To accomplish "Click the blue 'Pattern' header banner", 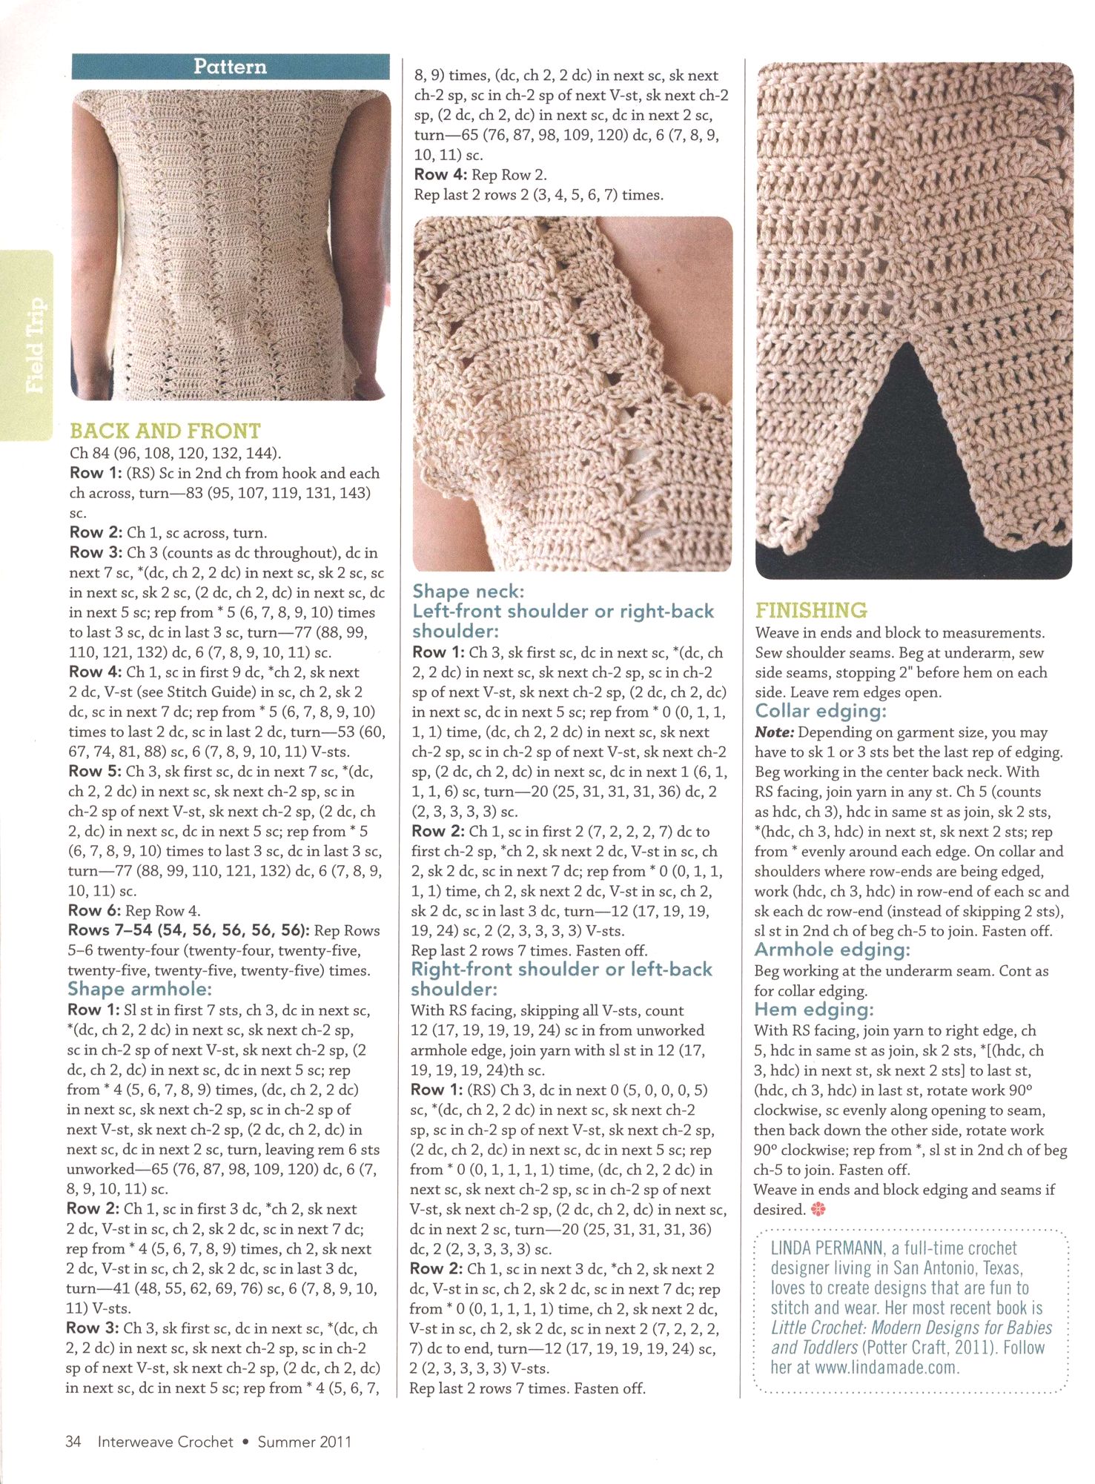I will coord(231,67).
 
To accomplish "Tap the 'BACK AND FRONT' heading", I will coord(165,431).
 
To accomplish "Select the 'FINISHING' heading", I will coord(811,611).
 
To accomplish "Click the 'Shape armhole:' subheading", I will coord(139,990).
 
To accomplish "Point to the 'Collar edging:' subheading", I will coord(821,712).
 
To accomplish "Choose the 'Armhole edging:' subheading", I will coord(832,950).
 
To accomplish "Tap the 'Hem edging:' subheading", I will coord(814,1010).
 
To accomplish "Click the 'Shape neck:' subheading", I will coord(468,592).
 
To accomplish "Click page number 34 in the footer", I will coord(73,1442).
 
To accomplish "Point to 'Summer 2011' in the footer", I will coord(304,1442).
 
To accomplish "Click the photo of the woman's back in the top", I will coord(230,245).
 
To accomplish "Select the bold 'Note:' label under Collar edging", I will coord(774,732).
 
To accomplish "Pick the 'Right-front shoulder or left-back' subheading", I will coord(561,970).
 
